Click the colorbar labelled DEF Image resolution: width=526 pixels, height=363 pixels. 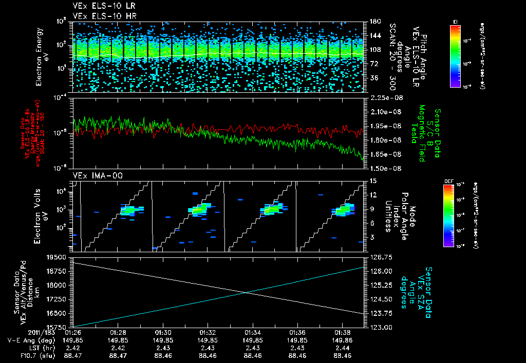tap(455, 215)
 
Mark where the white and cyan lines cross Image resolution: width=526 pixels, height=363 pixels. tap(247, 293)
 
